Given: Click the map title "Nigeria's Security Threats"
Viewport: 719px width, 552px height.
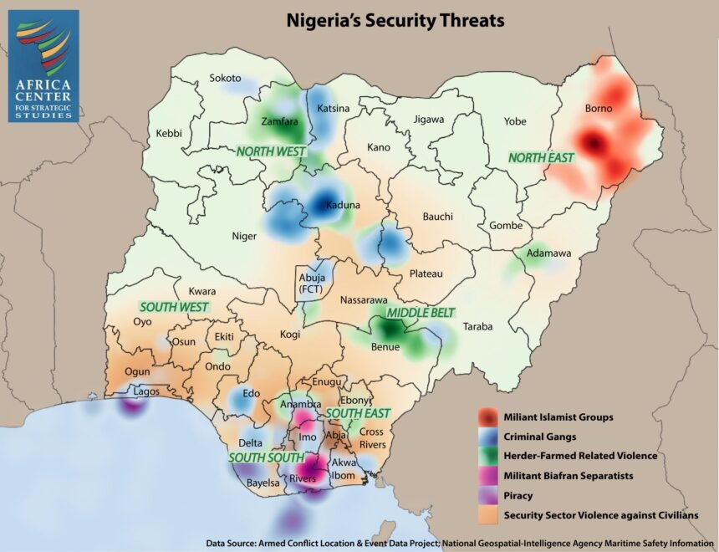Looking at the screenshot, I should [x=395, y=19].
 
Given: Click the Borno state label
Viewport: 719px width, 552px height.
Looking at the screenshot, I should [x=598, y=109].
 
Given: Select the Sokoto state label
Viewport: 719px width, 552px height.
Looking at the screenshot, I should [x=225, y=78].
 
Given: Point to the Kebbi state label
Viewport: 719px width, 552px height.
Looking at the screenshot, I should [x=170, y=134].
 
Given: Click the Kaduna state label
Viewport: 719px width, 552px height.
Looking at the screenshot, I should [x=343, y=205].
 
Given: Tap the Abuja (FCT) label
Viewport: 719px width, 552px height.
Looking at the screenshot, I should [x=311, y=283].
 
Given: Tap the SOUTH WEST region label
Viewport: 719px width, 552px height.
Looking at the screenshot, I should [x=173, y=307].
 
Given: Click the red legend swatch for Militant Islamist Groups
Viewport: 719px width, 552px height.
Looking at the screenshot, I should [x=487, y=417].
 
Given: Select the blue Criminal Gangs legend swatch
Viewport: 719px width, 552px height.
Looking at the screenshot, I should [x=487, y=437].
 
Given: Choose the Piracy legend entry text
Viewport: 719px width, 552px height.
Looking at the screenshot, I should [x=518, y=495].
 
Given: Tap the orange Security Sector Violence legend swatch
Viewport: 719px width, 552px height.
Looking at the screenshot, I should [x=487, y=515].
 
